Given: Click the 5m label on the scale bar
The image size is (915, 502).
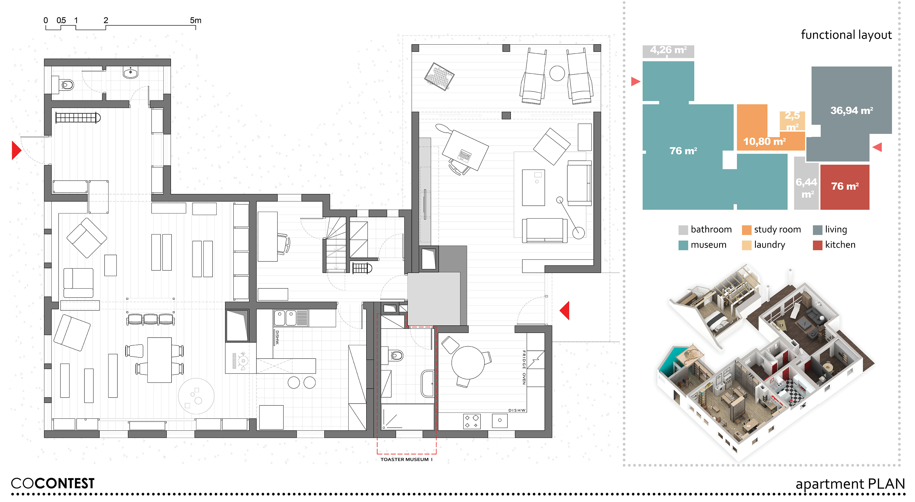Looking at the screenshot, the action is click(195, 20).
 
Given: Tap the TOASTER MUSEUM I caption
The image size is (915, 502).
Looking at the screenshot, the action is click(406, 459).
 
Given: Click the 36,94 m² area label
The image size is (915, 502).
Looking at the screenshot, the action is click(851, 110).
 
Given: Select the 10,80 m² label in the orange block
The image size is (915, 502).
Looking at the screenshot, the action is click(764, 142).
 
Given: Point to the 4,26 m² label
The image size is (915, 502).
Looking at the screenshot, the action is click(668, 50).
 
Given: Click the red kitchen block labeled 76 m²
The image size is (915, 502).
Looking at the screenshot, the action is click(845, 187).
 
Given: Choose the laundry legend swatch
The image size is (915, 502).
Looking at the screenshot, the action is click(747, 245).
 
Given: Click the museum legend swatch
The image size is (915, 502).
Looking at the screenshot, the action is click(683, 245).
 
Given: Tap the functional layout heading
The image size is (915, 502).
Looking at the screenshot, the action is click(846, 35).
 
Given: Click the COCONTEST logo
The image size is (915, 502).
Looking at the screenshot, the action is click(53, 483).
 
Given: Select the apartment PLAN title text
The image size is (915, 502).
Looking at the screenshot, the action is click(850, 484).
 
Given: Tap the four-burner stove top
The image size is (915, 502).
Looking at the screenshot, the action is click(472, 421).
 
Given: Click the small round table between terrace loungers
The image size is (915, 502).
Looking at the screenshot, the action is click(557, 73).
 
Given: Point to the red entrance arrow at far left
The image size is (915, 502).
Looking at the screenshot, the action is click(16, 150).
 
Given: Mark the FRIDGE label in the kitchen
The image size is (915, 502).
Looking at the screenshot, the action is click(524, 359).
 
